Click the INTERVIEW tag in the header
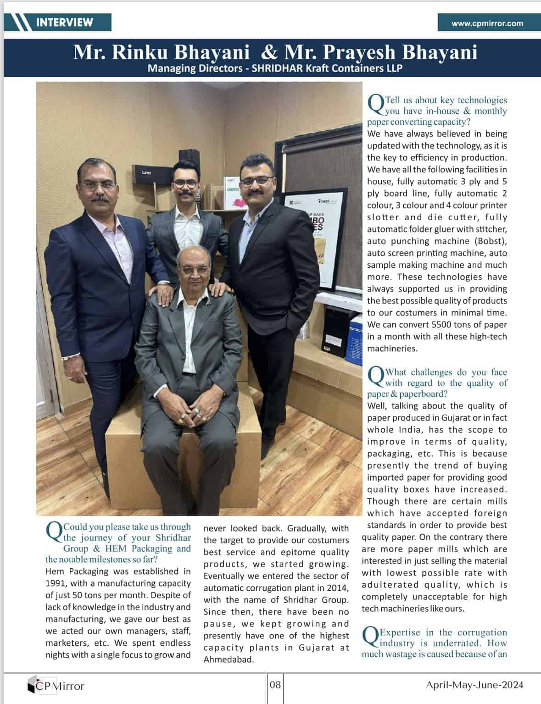click(x=64, y=22)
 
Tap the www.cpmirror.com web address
click(x=487, y=23)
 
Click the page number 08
click(x=275, y=685)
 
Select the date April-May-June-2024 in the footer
click(x=474, y=685)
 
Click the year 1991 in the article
click(x=56, y=583)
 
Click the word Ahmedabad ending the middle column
click(x=228, y=660)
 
